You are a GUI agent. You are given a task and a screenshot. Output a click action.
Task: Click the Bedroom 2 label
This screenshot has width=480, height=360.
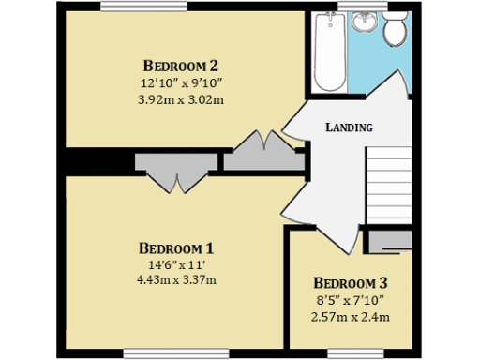point(180,66)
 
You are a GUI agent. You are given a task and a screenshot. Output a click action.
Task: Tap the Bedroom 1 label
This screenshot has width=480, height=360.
point(176,248)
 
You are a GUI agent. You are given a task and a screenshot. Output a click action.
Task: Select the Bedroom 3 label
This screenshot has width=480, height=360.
point(350,283)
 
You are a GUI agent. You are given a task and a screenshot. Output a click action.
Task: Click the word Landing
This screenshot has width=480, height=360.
point(349,127)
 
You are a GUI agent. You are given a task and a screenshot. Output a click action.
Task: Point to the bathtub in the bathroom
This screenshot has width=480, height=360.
point(328,52)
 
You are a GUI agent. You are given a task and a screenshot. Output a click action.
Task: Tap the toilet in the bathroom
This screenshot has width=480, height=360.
point(395,31)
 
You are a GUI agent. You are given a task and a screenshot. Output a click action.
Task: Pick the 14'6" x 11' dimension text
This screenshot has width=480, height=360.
point(176,264)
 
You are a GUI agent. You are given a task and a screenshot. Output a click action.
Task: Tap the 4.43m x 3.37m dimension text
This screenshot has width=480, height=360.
point(176,279)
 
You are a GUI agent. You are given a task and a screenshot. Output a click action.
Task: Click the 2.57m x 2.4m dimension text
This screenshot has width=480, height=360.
point(350,316)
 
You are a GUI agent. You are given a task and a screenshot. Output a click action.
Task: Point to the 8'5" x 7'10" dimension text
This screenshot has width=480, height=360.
point(350,300)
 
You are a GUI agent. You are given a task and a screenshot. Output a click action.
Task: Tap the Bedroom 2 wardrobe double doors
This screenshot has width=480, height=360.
point(256,150)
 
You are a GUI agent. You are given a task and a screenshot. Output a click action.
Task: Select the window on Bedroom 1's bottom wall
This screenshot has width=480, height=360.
point(163,353)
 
